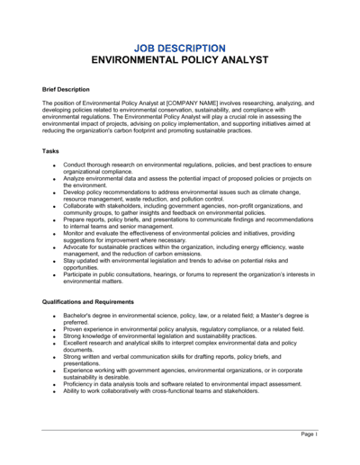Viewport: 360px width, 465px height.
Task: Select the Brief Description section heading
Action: point(67,90)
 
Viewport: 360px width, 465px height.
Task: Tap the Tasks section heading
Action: point(51,151)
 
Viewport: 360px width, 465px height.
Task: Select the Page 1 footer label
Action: point(309,434)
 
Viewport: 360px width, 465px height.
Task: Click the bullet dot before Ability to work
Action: point(54,392)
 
